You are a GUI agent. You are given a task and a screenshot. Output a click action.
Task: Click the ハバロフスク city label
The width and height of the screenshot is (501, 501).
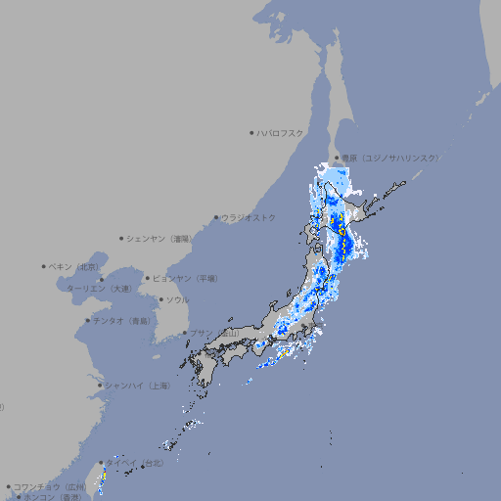click(x=281, y=132)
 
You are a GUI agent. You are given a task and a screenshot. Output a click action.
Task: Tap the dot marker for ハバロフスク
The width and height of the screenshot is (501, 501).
click(x=252, y=132)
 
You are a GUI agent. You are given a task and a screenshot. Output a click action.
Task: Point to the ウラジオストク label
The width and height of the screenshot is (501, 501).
click(x=249, y=217)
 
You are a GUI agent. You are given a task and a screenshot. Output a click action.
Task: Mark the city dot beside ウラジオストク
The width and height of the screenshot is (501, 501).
click(x=217, y=217)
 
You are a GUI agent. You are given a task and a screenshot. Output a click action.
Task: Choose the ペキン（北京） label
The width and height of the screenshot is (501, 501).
click(x=74, y=266)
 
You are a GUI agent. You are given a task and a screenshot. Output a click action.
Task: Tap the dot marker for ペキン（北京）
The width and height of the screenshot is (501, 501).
click(x=45, y=266)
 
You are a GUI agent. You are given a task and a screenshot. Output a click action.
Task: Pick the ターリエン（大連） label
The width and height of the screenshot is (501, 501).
click(x=98, y=289)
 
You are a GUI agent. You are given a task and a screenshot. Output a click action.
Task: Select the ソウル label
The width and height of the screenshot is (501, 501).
click(x=177, y=299)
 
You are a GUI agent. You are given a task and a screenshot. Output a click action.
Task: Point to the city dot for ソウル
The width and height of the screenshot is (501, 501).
click(x=160, y=299)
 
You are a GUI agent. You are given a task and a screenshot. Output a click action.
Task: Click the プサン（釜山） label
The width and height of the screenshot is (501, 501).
click(x=214, y=333)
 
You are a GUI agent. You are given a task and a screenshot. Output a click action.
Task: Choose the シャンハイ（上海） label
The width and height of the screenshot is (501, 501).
click(x=137, y=386)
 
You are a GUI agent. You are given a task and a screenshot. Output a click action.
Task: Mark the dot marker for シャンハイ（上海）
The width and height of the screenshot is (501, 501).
click(x=100, y=386)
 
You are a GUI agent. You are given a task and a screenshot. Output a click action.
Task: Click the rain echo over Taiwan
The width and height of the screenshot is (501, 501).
click(x=103, y=477)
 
